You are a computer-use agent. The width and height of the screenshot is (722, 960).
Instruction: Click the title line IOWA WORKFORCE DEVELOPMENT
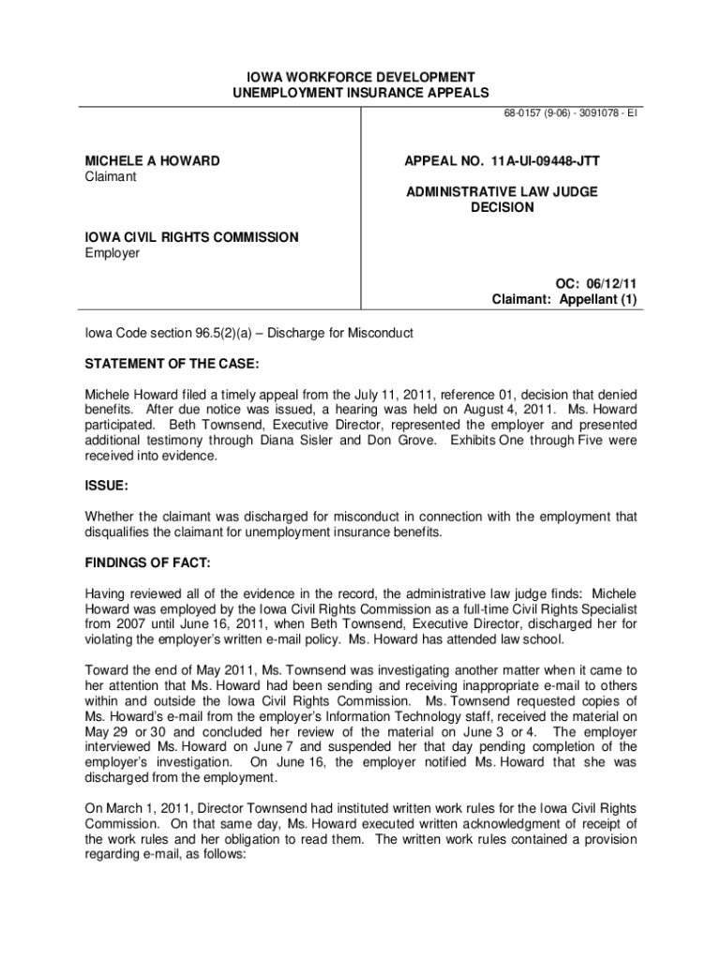(x=361, y=76)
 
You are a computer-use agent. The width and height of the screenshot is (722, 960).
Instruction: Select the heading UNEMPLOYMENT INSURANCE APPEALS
(x=361, y=92)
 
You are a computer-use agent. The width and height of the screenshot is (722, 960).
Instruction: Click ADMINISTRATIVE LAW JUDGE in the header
(x=502, y=192)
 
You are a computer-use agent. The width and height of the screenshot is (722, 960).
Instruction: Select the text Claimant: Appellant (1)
(x=564, y=300)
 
